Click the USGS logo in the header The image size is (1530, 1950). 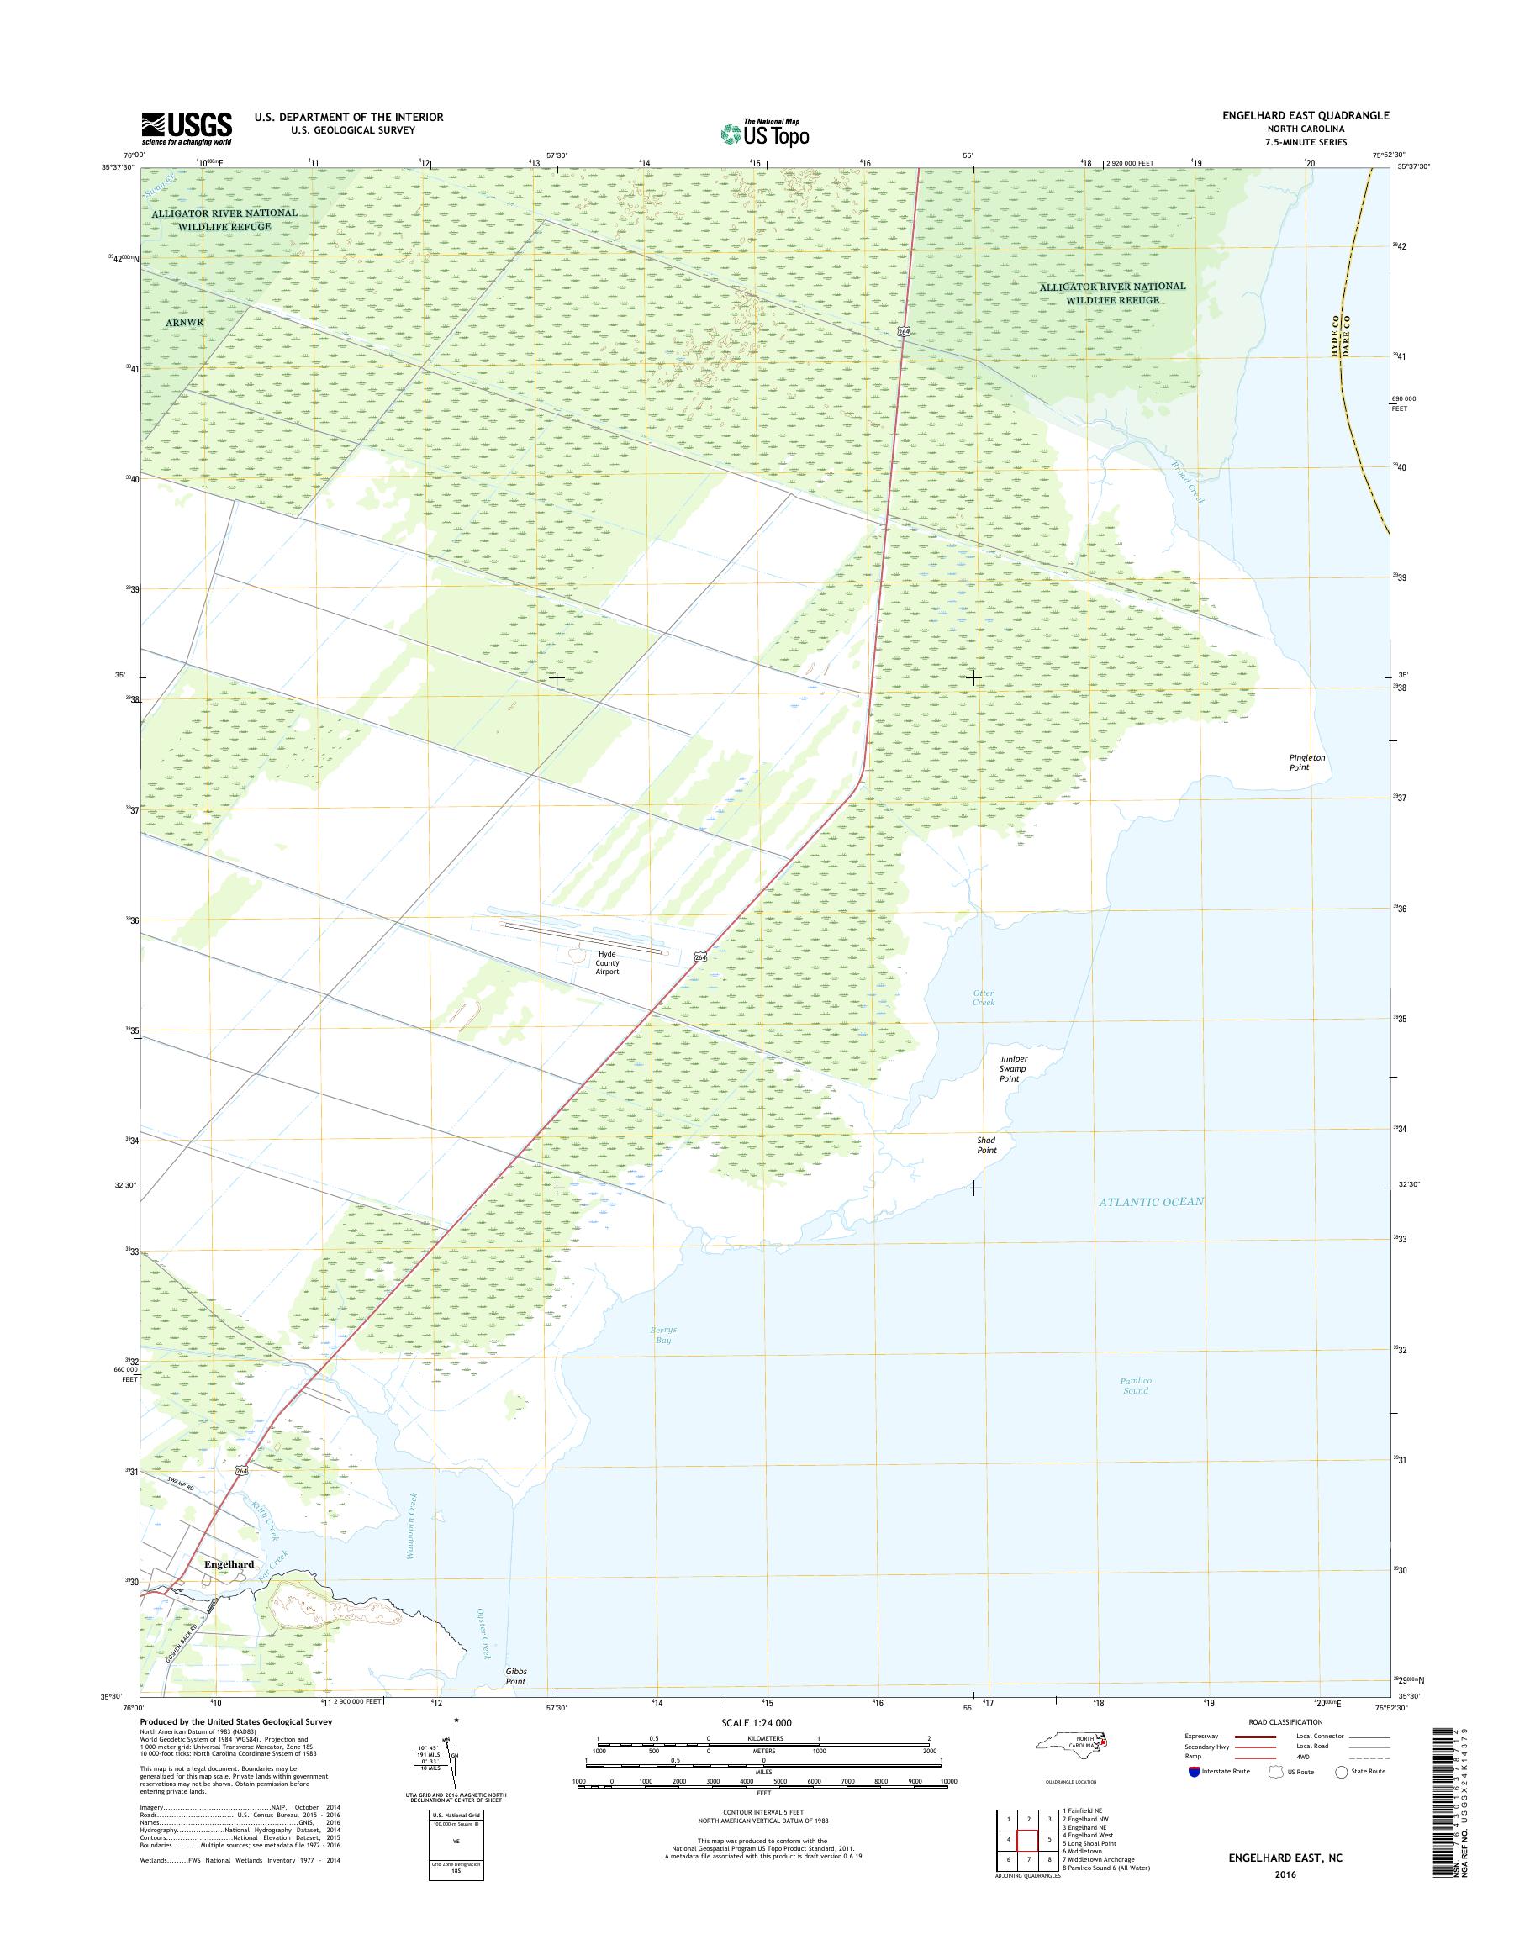pos(187,128)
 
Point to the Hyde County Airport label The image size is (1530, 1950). pos(606,963)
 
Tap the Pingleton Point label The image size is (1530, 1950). pos(1306,762)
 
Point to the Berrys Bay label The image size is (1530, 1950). pos(663,1360)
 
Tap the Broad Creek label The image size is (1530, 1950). pos(1190,481)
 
